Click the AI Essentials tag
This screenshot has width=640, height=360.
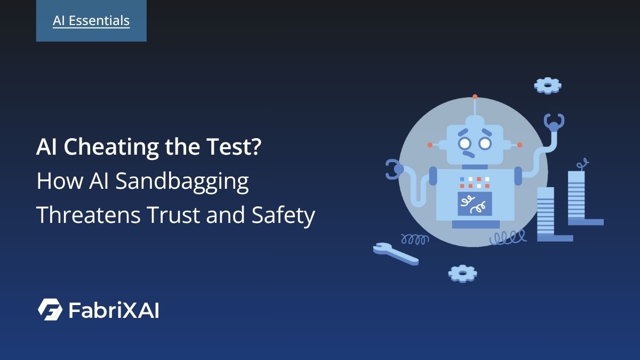pyautogui.click(x=91, y=21)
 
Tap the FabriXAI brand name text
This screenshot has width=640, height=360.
pyautogui.click(x=114, y=310)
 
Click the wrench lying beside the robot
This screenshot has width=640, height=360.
pyautogui.click(x=395, y=253)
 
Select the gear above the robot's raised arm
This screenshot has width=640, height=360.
pyautogui.click(x=548, y=85)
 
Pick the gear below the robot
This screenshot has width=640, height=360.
pyautogui.click(x=462, y=273)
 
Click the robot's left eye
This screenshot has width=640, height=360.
pyautogui.click(x=465, y=143)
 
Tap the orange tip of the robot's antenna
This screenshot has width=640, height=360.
pyautogui.click(x=475, y=98)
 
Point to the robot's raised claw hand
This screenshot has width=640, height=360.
pyautogui.click(x=554, y=123)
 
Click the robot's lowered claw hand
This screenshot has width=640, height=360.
pyautogui.click(x=396, y=169)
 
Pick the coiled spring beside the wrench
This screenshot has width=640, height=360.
pyautogui.click(x=414, y=239)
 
